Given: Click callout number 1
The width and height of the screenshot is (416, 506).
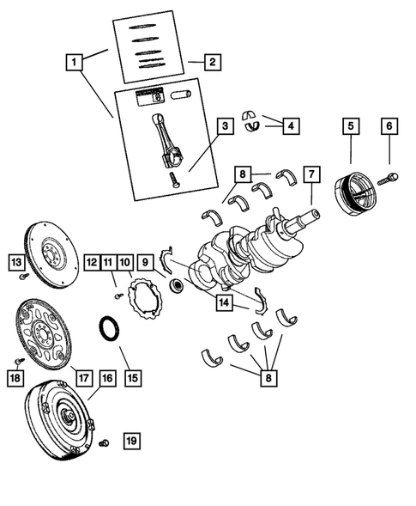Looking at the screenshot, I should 75,62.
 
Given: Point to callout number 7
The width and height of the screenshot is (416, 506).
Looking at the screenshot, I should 312,174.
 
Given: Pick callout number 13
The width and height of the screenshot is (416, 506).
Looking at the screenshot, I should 16,260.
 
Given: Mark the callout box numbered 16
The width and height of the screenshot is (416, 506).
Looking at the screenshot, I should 106,376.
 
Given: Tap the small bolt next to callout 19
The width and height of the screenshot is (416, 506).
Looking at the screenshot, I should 103,442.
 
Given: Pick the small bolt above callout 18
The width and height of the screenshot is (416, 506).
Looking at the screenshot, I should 17,358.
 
